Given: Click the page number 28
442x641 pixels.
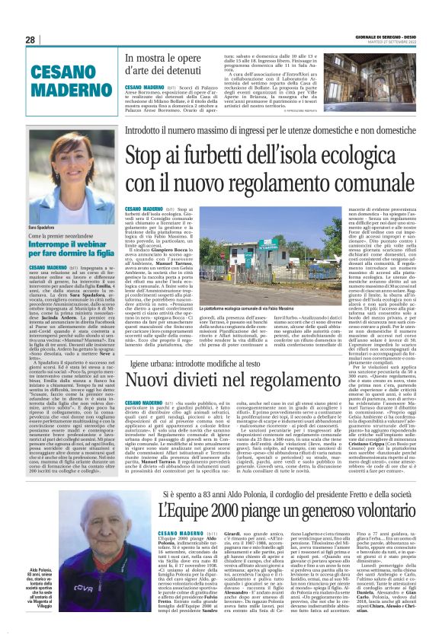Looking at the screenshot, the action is (x=30, y=40).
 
